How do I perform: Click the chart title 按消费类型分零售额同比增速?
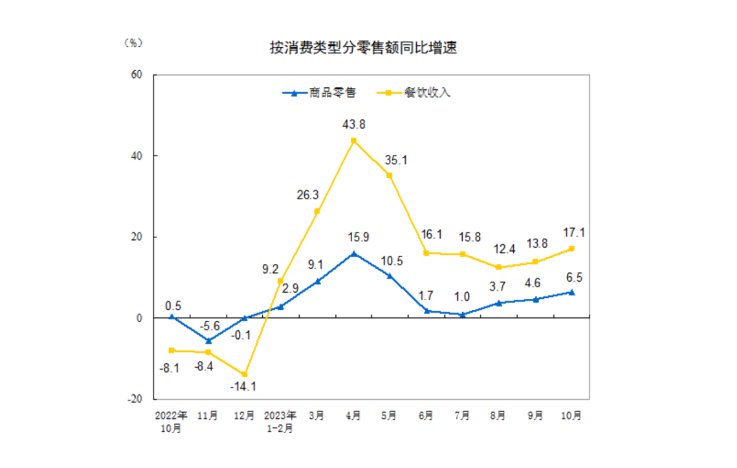point(362,48)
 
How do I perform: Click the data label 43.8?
point(353,124)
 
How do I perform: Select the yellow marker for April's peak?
point(353,141)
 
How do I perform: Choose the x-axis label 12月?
point(244,415)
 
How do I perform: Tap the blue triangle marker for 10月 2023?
point(572,292)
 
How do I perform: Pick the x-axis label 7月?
point(461,415)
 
